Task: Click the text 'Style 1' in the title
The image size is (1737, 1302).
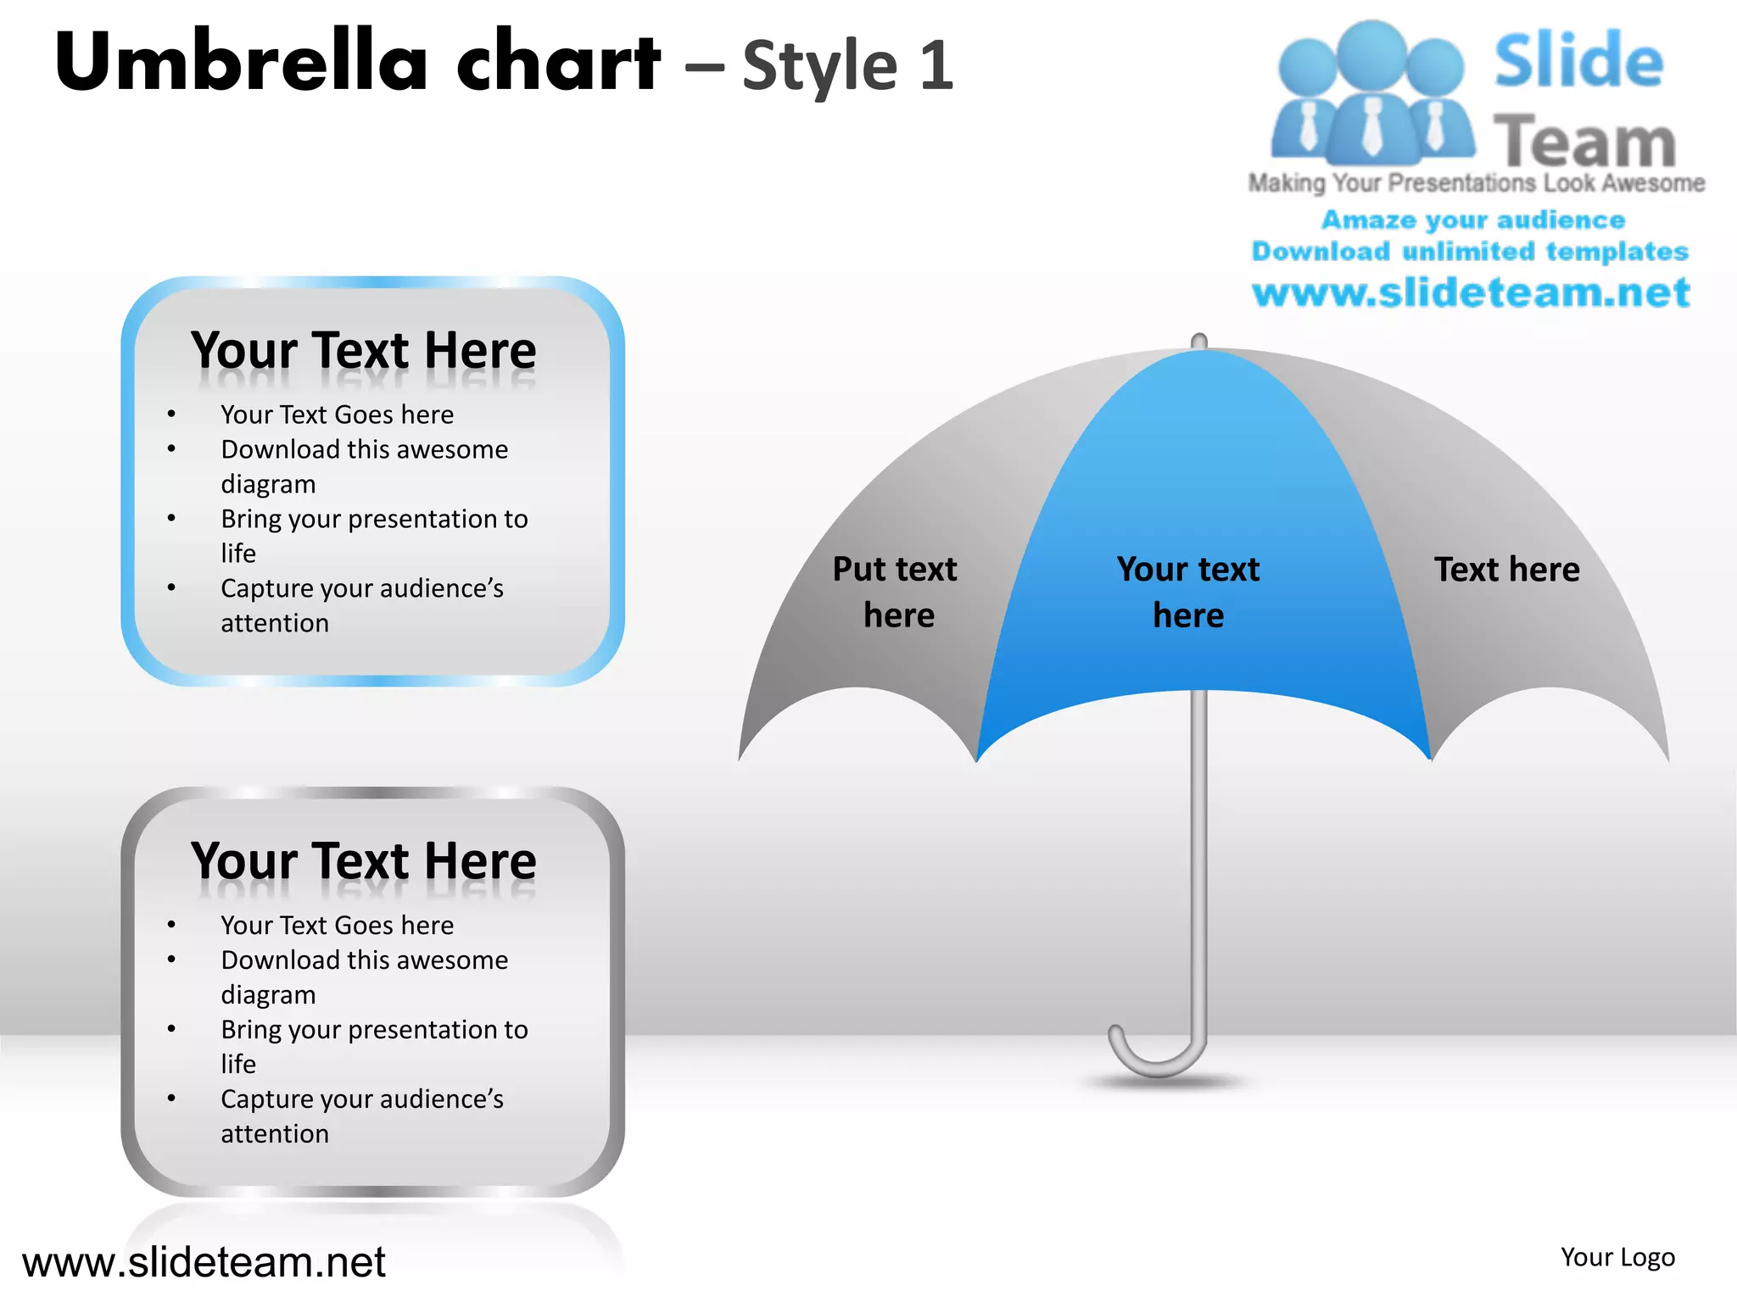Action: [x=847, y=65]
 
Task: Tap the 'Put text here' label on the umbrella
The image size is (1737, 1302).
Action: [x=896, y=592]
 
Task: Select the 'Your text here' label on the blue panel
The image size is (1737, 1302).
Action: [x=1187, y=592]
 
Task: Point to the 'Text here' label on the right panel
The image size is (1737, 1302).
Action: [x=1506, y=570]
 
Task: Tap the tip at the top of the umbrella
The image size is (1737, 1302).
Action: [x=1198, y=342]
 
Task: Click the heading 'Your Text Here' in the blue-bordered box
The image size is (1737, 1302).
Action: [x=364, y=350]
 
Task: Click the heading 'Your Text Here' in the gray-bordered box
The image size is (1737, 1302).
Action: [x=364, y=861]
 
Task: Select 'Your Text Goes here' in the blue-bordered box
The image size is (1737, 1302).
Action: [x=337, y=415]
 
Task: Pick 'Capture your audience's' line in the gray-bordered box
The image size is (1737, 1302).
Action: [x=362, y=1099]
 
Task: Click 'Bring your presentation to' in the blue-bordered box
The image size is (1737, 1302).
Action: [x=374, y=519]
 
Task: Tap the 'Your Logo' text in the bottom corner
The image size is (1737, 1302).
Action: [x=1617, y=1257]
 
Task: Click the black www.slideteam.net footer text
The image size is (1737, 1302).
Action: [x=204, y=1262]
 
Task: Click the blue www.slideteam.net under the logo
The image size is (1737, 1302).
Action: [x=1471, y=293]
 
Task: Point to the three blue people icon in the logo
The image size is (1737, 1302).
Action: [x=1371, y=93]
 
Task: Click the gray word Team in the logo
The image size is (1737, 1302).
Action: [x=1584, y=142]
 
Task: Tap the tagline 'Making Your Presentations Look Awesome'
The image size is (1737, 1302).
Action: [x=1476, y=183]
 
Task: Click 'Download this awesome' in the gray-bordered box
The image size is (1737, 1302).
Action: [x=364, y=960]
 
